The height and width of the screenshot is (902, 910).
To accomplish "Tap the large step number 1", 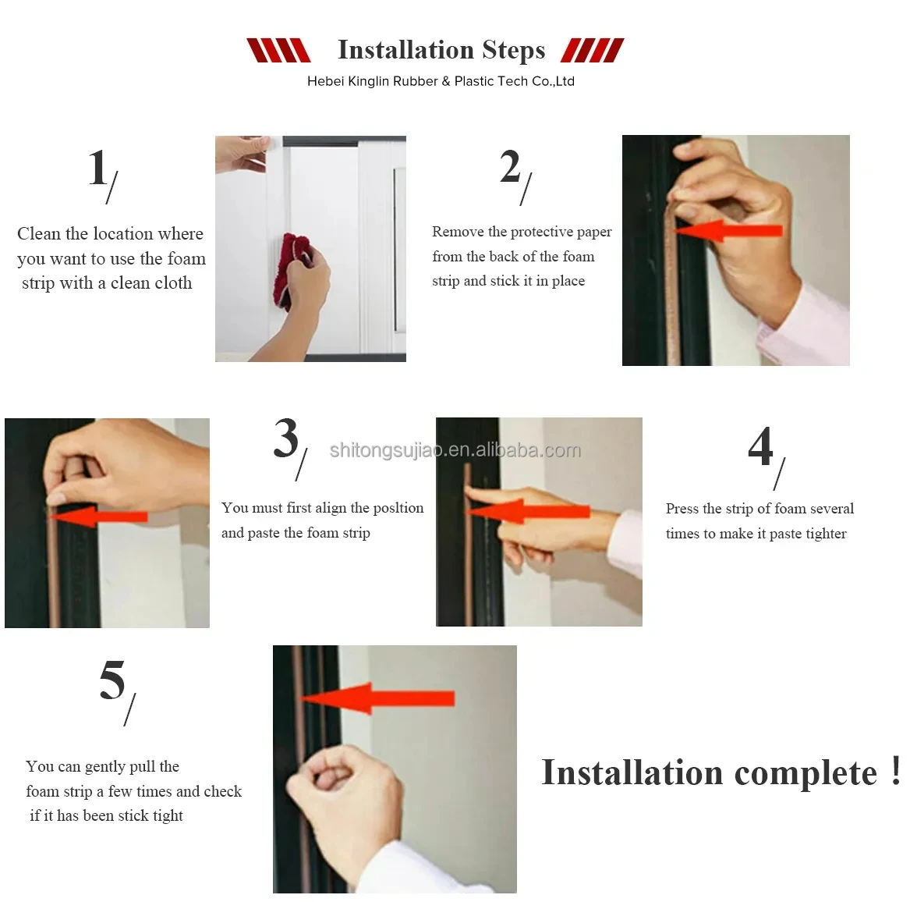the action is (98, 167).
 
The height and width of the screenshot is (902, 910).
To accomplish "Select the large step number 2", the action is (510, 166).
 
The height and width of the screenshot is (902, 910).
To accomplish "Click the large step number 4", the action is (760, 446).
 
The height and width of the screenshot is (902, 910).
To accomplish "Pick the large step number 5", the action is (112, 680).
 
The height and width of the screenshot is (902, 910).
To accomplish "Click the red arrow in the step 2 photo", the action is (728, 231).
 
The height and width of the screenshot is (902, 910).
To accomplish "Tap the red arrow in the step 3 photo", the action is (97, 517).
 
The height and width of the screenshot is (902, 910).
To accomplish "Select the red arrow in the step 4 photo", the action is (528, 511).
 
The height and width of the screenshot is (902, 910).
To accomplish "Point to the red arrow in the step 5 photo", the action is (377, 698).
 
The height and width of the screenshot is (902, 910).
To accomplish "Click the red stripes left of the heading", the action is (278, 50).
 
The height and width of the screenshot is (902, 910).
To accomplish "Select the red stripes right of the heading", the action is (593, 50).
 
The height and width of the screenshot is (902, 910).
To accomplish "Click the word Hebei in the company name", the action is (325, 81).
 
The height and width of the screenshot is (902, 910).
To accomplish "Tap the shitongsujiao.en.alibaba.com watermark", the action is (455, 450).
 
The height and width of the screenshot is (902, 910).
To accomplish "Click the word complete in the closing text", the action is (806, 773).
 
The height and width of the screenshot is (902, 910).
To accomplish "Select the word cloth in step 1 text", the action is (172, 283).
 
